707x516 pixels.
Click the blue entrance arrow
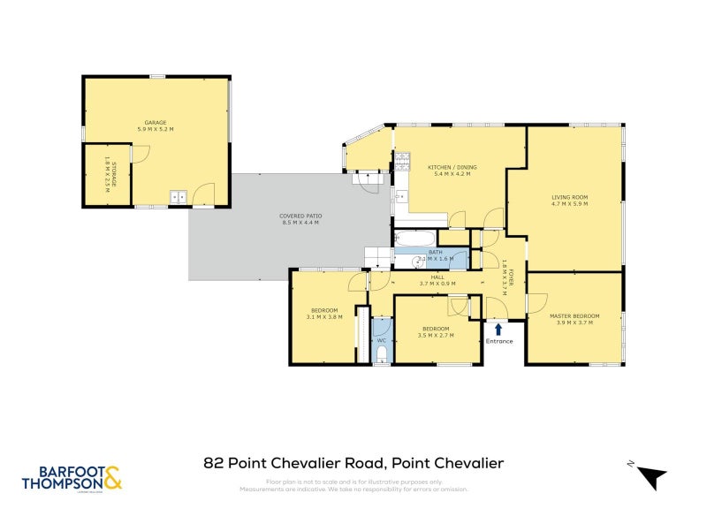click(x=498, y=329)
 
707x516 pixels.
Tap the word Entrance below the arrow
click(x=498, y=340)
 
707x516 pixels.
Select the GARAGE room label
click(x=156, y=123)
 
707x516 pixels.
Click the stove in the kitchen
click(x=402, y=161)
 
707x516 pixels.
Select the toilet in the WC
click(x=381, y=354)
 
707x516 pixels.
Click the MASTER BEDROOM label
click(x=574, y=316)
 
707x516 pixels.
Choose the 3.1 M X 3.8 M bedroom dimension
click(x=324, y=316)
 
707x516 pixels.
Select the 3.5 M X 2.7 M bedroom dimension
click(x=437, y=336)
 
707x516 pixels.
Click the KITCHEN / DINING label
click(x=449, y=167)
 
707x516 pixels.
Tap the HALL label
click(x=437, y=277)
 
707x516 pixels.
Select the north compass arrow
click(x=651, y=475)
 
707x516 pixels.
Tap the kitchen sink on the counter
click(x=400, y=194)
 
